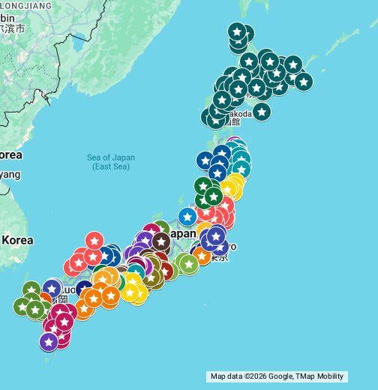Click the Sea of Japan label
coord(111,157)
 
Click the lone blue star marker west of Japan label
coord(187,217)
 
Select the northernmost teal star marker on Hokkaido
coord(237,31)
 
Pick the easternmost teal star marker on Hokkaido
coord(303,81)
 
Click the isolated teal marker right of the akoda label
coord(261,111)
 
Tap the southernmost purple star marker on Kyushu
coord(49,341)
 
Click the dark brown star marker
coord(160,241)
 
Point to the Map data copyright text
coord(277,376)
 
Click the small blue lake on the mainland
coord(78,44)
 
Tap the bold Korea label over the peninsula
coord(17,241)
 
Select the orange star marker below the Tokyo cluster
coord(202,256)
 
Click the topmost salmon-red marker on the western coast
coord(94,240)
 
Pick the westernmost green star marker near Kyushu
coord(22,306)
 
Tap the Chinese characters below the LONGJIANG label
coord(13,28)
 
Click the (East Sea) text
coord(111,166)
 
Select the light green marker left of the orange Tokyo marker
coord(187,263)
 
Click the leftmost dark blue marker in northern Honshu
coord(205,160)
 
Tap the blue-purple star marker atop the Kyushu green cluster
coord(52,288)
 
